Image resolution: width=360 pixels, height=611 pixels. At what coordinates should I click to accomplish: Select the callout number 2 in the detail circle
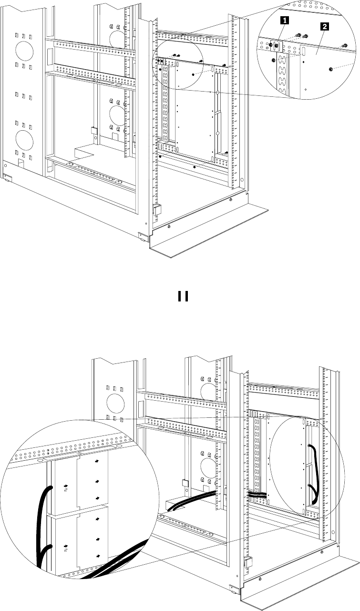click(x=324, y=28)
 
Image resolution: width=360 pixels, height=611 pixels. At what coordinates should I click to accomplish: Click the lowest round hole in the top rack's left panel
click(x=23, y=139)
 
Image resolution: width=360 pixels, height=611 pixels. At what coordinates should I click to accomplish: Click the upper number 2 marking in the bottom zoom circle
click(x=66, y=489)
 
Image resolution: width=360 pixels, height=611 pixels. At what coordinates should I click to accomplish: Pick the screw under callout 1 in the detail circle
click(x=277, y=46)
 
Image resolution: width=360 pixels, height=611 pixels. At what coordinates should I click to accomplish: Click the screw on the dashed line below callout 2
click(x=330, y=70)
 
